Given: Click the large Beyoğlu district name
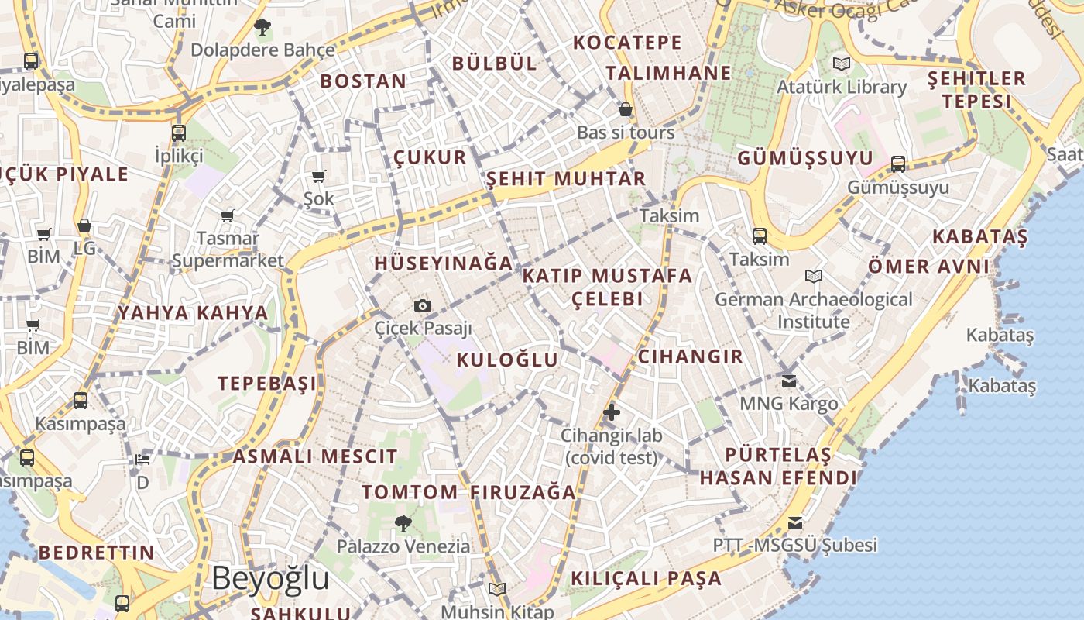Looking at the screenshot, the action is (x=270, y=578).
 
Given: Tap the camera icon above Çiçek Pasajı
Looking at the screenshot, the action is (x=422, y=305).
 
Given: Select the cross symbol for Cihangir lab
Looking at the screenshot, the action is (x=612, y=412).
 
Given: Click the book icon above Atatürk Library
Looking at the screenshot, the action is (x=841, y=64).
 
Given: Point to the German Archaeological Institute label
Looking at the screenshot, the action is (x=814, y=310).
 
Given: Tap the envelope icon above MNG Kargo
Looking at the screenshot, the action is (x=789, y=381).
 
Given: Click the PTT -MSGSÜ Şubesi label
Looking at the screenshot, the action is (x=795, y=545).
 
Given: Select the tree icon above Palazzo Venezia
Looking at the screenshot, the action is (x=403, y=524).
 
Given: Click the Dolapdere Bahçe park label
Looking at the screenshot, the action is (x=262, y=50).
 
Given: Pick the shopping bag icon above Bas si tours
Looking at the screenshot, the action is (x=626, y=110).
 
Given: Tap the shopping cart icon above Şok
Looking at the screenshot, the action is (x=318, y=177).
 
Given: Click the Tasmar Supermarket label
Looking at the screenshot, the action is (x=228, y=250).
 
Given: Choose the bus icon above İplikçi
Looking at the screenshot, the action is (x=179, y=133).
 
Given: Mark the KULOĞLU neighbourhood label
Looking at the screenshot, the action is (x=507, y=360).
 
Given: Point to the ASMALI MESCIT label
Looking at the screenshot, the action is (x=315, y=456).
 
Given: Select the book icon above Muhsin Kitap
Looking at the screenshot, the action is (x=497, y=589).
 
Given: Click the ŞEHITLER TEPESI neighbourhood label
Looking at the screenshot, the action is (x=976, y=90).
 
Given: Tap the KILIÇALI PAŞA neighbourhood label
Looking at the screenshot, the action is (x=646, y=578).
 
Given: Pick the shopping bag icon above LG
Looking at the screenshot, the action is (x=84, y=226).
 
